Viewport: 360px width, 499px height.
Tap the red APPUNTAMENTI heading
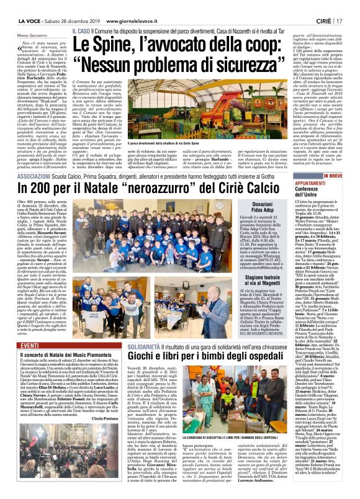tap(323, 166)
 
